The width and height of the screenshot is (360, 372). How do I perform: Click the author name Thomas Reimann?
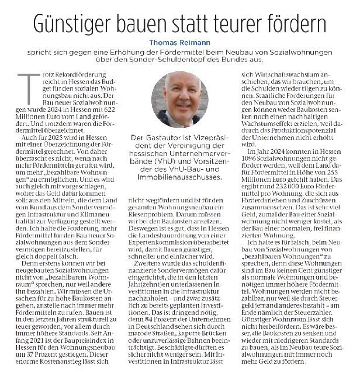[x=179, y=42]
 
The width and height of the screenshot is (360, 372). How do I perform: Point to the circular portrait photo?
[x=179, y=99]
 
